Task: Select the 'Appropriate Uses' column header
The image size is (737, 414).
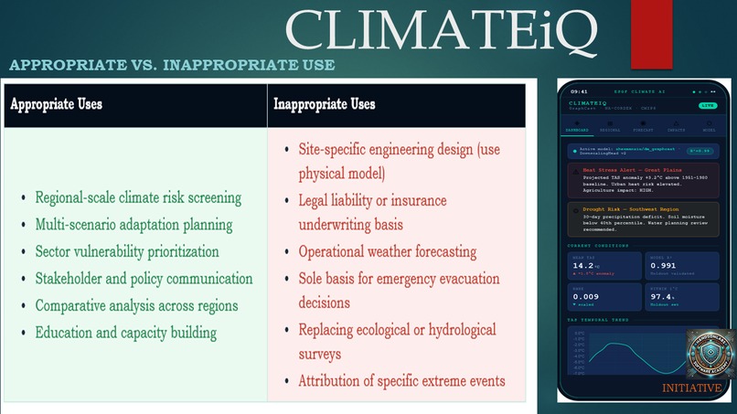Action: coord(57,104)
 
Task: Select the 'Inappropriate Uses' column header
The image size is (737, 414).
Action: coord(325,104)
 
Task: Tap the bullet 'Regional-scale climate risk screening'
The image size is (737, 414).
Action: coord(138,197)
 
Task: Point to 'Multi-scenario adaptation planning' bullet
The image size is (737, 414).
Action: coord(134,224)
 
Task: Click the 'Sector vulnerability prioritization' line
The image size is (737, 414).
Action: coord(127,251)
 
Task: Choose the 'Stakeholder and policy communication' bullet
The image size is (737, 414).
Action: coord(144,278)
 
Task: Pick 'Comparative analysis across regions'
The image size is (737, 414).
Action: coord(136,305)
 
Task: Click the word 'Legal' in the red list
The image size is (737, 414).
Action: coord(317,199)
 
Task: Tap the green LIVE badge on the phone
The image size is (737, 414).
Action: coord(707,106)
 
